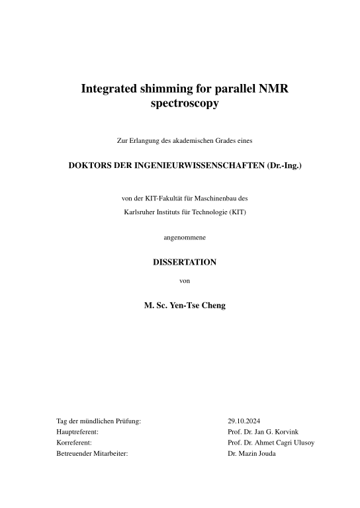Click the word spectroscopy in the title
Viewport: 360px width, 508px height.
click(185, 103)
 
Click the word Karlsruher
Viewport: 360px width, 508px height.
click(140, 212)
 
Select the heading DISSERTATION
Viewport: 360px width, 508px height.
click(185, 262)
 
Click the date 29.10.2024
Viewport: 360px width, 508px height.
click(244, 420)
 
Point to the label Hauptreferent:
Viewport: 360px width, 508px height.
click(78, 431)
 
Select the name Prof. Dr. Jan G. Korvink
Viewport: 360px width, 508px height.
click(262, 431)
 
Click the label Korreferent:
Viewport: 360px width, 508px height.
click(74, 443)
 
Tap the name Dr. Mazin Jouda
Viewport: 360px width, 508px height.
click(251, 454)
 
